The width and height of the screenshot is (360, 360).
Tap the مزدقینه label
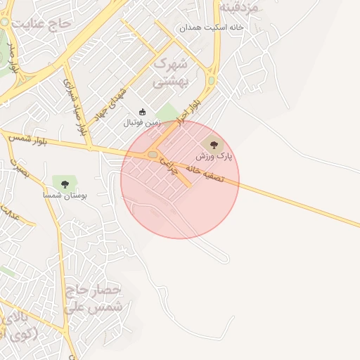(239, 6)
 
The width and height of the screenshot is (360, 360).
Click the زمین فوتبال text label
(142, 122)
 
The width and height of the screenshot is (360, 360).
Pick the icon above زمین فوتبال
(142, 112)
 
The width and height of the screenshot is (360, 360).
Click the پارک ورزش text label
(220, 155)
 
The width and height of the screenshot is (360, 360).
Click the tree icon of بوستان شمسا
(65, 184)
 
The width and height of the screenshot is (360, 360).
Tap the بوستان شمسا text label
(64, 195)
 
